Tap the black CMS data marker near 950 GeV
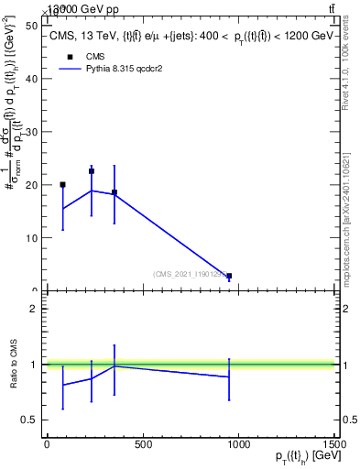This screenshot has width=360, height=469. [229, 276]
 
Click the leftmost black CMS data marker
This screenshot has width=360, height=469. [62, 185]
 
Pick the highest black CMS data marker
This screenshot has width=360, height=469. [92, 171]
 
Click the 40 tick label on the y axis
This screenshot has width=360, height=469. [35, 79]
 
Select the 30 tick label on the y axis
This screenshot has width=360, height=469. [35, 132]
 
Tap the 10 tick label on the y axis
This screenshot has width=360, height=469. [35, 238]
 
